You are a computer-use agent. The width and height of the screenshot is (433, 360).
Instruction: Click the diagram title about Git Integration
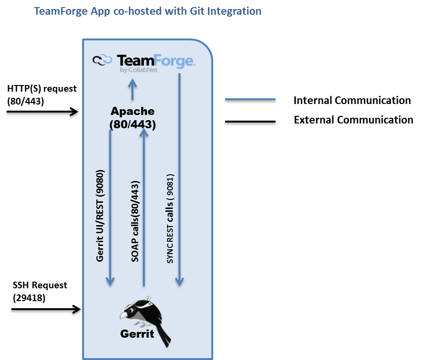click(x=148, y=11)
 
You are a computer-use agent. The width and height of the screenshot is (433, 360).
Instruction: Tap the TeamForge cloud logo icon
click(x=102, y=60)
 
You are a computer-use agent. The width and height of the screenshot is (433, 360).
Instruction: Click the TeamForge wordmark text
click(x=156, y=61)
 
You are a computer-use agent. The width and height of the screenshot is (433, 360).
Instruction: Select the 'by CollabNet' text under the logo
click(x=139, y=70)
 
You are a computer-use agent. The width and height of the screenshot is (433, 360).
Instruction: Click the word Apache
click(x=132, y=111)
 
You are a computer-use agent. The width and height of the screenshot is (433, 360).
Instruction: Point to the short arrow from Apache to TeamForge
click(x=132, y=89)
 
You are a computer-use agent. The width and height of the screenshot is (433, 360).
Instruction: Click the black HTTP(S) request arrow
click(x=43, y=112)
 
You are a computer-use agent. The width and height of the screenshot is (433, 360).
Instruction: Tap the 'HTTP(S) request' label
click(x=42, y=89)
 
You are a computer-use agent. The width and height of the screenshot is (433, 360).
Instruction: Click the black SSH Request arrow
click(x=46, y=309)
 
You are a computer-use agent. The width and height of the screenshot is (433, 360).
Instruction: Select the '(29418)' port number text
click(x=29, y=298)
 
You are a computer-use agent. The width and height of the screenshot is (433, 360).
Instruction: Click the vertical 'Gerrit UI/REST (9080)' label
click(x=100, y=216)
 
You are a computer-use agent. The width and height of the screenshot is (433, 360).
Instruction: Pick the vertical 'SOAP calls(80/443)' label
click(x=135, y=221)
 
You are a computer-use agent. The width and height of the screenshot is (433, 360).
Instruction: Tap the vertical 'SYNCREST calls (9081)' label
click(x=170, y=218)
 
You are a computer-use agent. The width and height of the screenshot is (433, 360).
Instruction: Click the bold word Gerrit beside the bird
click(x=137, y=334)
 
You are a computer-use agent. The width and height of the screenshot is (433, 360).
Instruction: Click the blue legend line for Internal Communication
click(x=250, y=99)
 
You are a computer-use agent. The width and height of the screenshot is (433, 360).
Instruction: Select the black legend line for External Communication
click(x=250, y=121)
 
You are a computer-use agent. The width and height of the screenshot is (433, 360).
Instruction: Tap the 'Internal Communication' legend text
click(x=352, y=100)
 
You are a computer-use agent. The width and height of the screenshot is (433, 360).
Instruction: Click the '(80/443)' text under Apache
click(x=132, y=124)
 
